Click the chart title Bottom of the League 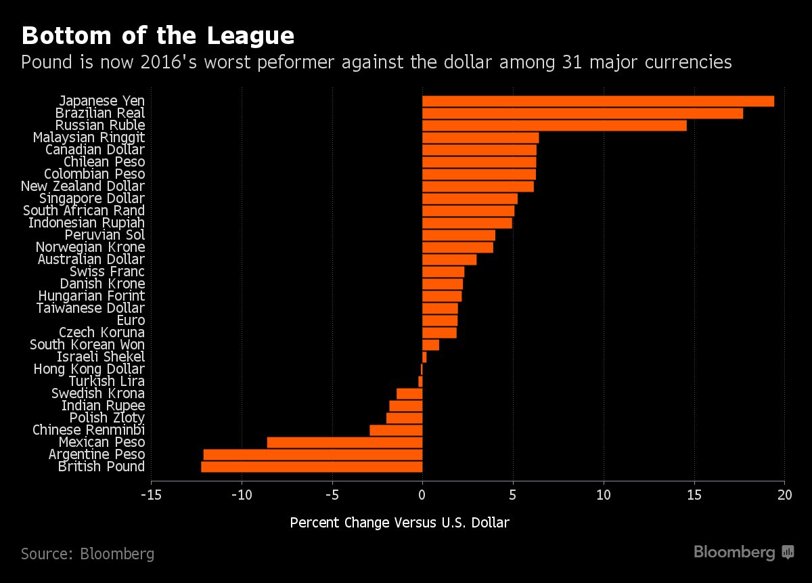point(157,35)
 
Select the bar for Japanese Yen point(597,101)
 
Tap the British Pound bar point(311,467)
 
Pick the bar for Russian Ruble point(554,125)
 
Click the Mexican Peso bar point(344,442)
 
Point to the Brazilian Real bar point(582,113)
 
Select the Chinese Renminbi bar point(396,430)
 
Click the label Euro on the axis point(131,320)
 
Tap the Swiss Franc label point(107,272)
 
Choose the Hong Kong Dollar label point(89,369)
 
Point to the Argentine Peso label point(97,454)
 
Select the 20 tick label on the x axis point(784,494)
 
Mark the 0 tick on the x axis point(422,494)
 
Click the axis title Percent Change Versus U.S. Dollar point(399,523)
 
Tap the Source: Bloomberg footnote point(87,554)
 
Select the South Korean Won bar point(430,345)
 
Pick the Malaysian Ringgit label point(89,137)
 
